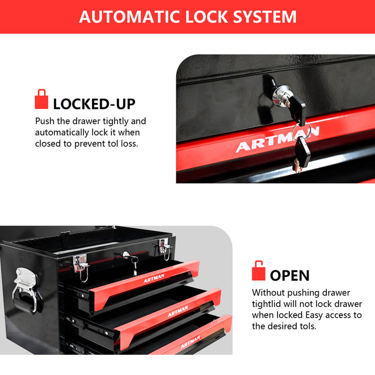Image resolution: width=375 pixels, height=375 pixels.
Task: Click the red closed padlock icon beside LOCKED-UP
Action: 41,100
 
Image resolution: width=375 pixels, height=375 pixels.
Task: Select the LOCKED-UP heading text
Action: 94,104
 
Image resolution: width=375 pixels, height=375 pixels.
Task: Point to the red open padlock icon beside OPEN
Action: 259,271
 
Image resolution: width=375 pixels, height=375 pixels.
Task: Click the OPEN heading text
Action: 290,276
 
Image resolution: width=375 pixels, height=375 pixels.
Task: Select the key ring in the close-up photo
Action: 301,130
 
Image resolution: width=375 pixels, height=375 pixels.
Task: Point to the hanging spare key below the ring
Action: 302,153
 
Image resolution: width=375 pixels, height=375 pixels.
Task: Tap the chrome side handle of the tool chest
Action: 26,289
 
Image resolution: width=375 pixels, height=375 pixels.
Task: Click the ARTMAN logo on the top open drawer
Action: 154,278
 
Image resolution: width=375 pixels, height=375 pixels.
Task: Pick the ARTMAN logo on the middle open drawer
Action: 178,311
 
